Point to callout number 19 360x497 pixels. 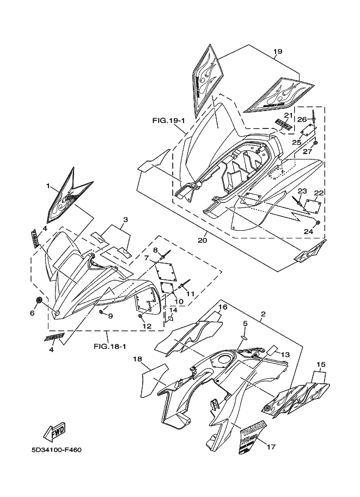click(x=277, y=52)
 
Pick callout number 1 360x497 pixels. click(x=48, y=186)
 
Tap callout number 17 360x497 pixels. click(x=271, y=447)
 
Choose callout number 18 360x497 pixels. click(x=137, y=359)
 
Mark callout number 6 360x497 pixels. click(x=32, y=313)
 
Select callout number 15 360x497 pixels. click(x=320, y=364)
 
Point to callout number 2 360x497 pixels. click(x=263, y=314)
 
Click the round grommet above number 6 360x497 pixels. click(x=39, y=301)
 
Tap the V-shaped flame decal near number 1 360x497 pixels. click(x=68, y=195)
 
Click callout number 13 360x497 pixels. click(x=286, y=354)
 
